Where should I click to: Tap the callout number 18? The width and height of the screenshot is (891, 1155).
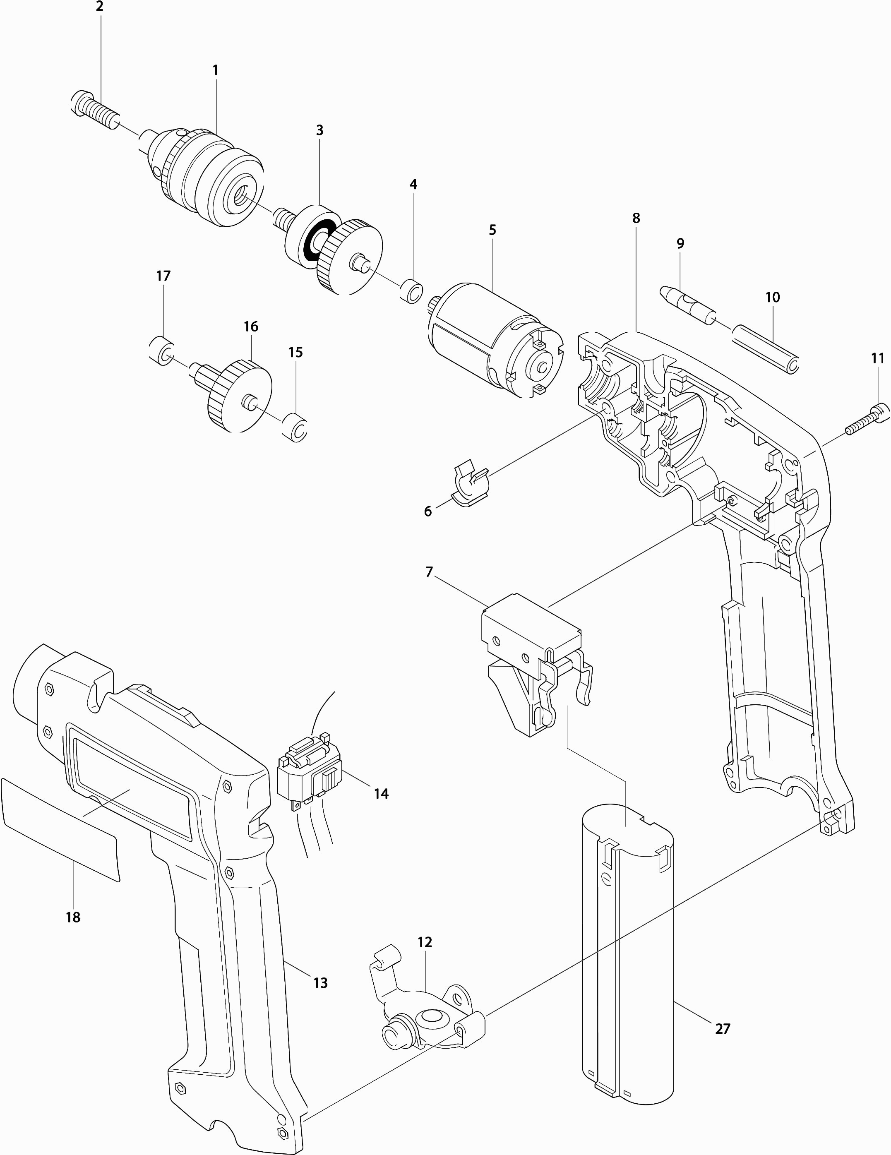click(73, 917)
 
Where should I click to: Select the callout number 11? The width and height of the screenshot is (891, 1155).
click(878, 358)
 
